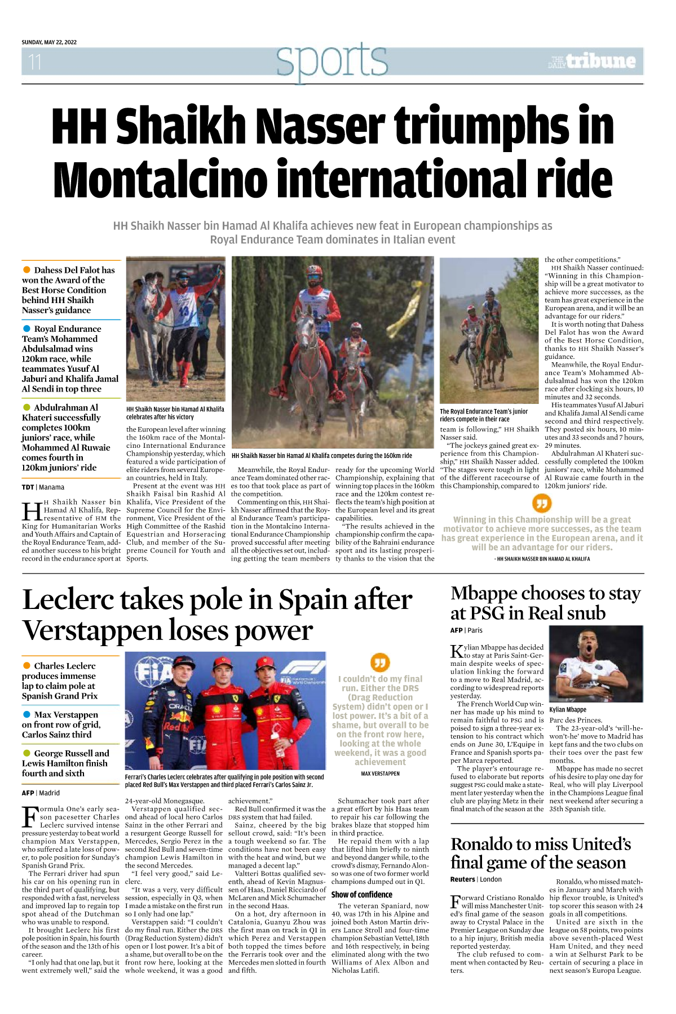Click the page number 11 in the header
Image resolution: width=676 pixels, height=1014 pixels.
point(35,61)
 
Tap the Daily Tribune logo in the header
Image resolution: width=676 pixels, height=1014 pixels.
point(593,61)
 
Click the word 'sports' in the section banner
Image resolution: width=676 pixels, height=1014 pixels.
point(332,60)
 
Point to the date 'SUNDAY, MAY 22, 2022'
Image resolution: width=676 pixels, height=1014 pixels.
point(49,42)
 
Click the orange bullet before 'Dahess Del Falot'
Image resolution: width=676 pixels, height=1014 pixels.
point(26,270)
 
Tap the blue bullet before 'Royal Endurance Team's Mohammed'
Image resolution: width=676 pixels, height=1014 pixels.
point(26,329)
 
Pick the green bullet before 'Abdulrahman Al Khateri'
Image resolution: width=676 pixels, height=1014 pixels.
point(26,407)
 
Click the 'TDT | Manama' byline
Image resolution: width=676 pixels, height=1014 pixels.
point(43,487)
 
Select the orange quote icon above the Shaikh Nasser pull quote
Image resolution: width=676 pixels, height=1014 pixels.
point(541,502)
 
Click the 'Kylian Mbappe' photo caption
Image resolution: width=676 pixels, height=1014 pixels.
point(568,710)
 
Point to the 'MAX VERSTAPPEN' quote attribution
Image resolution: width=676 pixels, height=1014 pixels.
point(380,773)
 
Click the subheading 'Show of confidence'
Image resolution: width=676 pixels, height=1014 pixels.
point(361,895)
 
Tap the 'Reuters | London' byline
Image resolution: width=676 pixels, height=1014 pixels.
point(476,879)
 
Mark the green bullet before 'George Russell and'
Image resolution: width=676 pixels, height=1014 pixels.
point(26,753)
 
